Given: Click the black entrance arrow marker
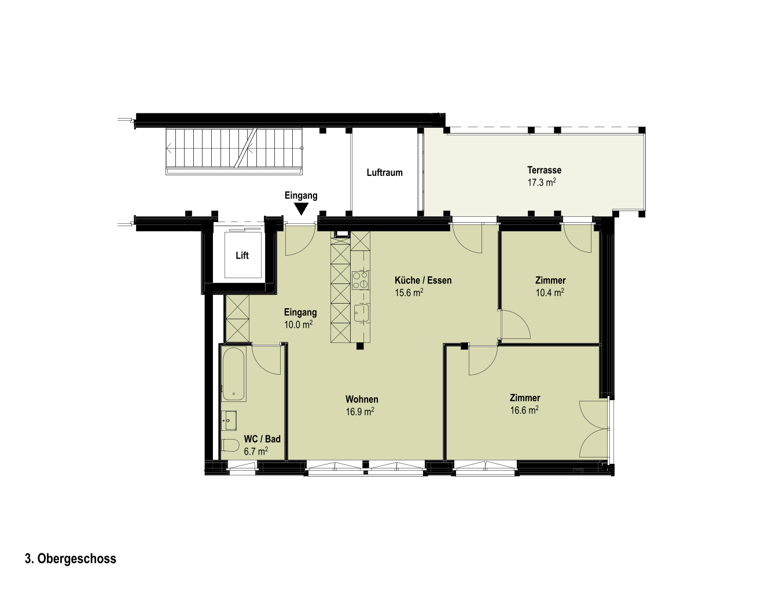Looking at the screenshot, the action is (302, 209).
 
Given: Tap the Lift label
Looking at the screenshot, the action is (242, 256).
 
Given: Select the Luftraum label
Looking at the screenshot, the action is (384, 173).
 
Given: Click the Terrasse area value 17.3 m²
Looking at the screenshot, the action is (542, 182).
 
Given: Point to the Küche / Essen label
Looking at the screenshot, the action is (423, 280).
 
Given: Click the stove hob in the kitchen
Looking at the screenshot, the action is (361, 280).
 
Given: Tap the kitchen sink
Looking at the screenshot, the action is (361, 313).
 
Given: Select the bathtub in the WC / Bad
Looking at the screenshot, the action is (234, 374).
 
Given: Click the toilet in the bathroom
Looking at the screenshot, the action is (231, 445).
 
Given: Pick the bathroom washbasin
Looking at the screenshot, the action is (230, 420).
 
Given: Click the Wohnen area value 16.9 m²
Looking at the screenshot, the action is (360, 412).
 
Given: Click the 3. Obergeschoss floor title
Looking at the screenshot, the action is (71, 559).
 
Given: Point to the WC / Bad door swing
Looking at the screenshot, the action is (266, 360).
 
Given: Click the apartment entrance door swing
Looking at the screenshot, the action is (300, 239).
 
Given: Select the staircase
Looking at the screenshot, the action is (234, 152).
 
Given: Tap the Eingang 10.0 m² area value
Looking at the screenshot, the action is (298, 324).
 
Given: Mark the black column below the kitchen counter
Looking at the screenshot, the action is (359, 346).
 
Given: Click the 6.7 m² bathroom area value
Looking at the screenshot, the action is (256, 451).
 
